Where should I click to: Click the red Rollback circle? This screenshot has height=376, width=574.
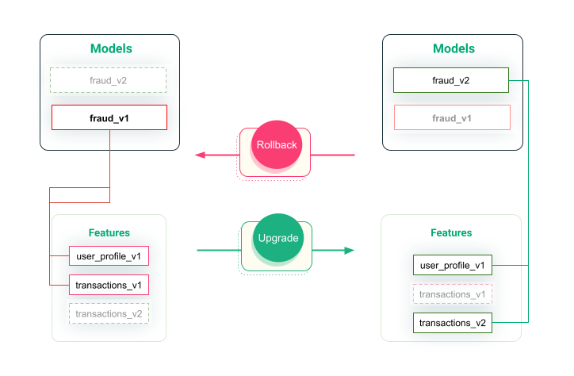[276, 146]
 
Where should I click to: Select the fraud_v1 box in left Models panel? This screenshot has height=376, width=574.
[109, 118]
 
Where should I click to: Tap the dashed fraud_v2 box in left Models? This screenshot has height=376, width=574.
[108, 80]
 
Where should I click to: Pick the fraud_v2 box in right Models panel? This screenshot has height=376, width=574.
[451, 80]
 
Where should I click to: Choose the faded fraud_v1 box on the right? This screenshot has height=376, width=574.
[452, 117]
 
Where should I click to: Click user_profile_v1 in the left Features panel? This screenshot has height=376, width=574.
[109, 256]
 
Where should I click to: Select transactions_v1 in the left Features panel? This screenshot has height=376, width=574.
[109, 284]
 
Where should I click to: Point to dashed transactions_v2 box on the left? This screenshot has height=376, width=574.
[109, 313]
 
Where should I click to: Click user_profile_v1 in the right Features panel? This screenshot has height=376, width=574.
[452, 265]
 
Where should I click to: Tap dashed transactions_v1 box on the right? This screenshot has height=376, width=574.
[452, 294]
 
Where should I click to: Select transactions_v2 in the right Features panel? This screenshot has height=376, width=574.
[452, 323]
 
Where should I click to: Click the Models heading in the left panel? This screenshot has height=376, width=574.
[111, 48]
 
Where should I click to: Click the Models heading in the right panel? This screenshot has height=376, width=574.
[453, 48]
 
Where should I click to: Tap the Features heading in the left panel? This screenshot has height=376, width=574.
[109, 233]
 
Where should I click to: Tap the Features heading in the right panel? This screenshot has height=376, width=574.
[451, 233]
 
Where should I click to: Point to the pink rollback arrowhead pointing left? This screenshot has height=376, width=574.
[201, 155]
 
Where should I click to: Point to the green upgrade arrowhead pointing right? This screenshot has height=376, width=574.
[349, 251]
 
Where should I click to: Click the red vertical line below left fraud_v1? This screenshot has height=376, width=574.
[109, 159]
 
